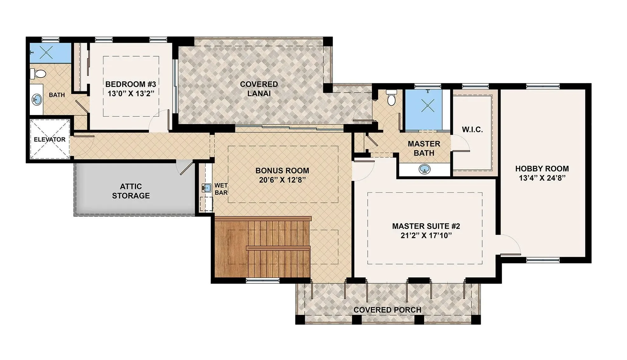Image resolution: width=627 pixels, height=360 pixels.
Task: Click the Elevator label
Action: click(x=50, y=139)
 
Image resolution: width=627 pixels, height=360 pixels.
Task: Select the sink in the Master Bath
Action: click(x=425, y=169)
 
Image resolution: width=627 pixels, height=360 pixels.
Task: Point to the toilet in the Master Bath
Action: click(x=391, y=97)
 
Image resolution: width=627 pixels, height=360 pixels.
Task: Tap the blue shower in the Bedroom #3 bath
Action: click(x=50, y=52)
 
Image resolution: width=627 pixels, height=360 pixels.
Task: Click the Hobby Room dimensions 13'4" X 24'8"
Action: click(x=542, y=178)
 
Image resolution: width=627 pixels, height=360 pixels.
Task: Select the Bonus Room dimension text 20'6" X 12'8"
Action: click(x=282, y=180)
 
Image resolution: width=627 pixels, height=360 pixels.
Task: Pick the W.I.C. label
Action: click(x=472, y=129)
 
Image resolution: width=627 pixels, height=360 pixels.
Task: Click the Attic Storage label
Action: click(x=131, y=191)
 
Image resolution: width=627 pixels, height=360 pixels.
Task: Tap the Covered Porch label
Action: click(x=387, y=310)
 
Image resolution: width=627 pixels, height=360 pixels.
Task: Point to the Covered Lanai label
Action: click(x=259, y=89)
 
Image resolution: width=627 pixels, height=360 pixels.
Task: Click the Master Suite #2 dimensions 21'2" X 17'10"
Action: click(x=426, y=235)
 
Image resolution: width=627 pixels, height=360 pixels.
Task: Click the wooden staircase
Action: click(x=262, y=247)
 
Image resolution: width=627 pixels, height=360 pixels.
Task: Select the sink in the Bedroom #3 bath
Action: click(x=37, y=100)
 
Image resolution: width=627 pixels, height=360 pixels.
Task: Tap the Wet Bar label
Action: click(x=221, y=189)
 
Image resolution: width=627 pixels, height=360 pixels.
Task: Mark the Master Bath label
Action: click(x=424, y=148)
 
